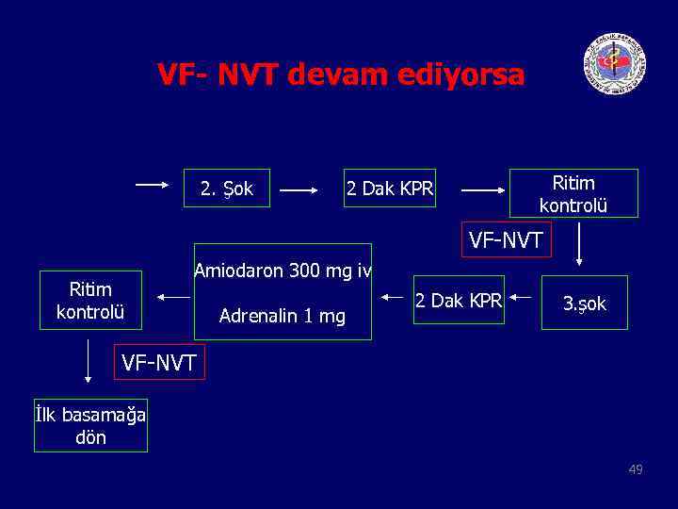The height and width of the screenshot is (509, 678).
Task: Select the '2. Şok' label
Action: [226, 189]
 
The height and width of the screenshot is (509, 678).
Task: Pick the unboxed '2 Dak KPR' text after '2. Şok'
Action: [390, 189]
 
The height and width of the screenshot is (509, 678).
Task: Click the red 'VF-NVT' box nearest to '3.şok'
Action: [506, 240]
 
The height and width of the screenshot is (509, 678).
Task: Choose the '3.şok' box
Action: [584, 304]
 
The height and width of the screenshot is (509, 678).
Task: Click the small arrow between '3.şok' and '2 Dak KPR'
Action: [523, 296]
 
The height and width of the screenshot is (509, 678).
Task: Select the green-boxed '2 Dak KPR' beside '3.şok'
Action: [459, 301]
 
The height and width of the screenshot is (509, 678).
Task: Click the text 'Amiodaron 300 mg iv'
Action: [282, 271]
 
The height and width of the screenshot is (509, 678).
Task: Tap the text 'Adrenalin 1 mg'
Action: [282, 316]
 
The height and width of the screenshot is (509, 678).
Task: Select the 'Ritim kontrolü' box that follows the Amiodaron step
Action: [90, 300]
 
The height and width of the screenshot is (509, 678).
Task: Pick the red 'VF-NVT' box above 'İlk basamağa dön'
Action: [158, 361]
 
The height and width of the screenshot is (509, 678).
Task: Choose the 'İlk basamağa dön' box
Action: [90, 426]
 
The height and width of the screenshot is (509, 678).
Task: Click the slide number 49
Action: [636, 468]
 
